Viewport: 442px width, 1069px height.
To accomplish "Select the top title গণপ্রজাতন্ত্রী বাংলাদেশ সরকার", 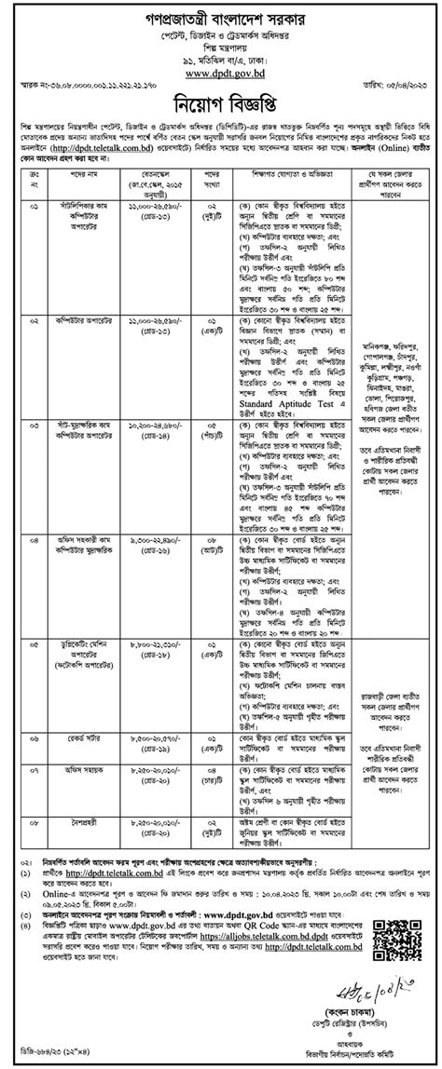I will coord(221,15).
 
